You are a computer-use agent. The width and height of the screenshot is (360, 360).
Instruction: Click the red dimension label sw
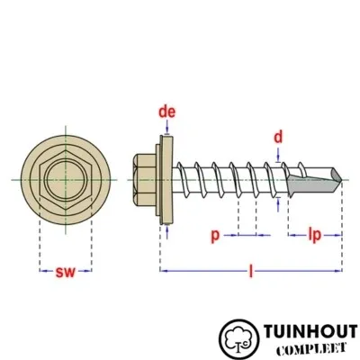[x=66, y=271]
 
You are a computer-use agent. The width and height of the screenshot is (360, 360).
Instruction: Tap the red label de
[x=166, y=112]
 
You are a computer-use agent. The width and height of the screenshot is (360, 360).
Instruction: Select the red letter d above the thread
[x=279, y=137]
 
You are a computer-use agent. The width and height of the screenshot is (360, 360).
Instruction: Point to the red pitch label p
[x=215, y=236]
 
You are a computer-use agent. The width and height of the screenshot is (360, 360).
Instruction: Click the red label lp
[x=314, y=236]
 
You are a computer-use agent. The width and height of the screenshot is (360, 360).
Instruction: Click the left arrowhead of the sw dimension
[x=42, y=271]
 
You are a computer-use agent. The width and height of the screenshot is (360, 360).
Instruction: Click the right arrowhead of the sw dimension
[x=89, y=271]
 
